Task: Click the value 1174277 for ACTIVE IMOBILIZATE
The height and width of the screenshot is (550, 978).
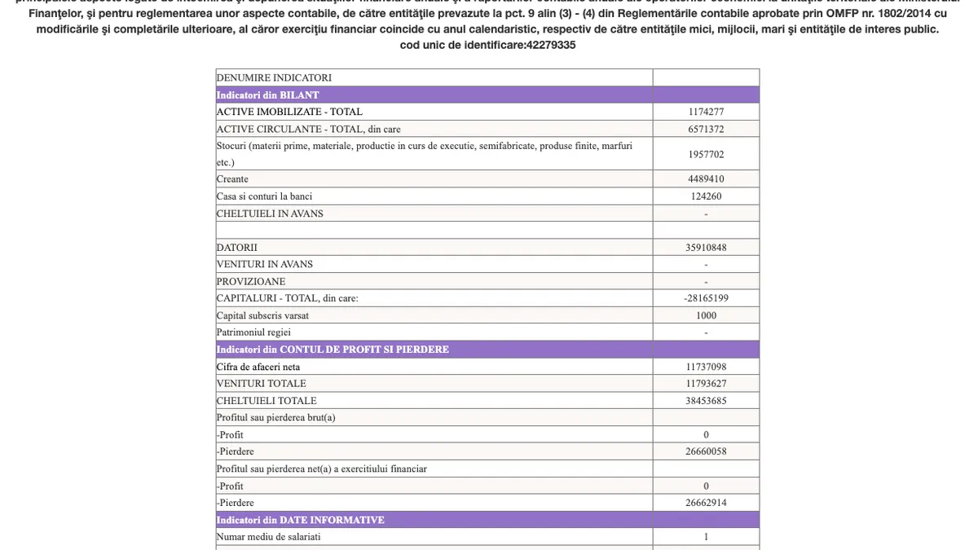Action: [x=706, y=112]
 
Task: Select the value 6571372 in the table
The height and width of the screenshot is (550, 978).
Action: [x=706, y=129]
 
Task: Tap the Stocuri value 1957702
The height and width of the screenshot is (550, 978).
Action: [x=706, y=154]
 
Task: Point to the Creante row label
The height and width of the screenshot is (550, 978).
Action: [x=233, y=179]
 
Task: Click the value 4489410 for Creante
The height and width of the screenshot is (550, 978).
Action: [x=706, y=179]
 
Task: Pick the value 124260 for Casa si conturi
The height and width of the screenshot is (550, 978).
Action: [x=706, y=196]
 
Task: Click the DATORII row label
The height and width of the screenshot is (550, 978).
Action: [x=237, y=247]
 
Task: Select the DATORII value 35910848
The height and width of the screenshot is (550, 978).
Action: [x=706, y=247]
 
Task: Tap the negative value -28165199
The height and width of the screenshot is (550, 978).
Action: [x=706, y=298]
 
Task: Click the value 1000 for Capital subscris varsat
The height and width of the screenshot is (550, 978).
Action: [x=706, y=315]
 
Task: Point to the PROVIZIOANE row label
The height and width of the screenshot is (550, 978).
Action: [x=251, y=281]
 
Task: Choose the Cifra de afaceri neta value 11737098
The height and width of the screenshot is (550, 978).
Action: [x=706, y=367]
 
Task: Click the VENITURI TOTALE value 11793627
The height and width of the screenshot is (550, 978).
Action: [x=706, y=384]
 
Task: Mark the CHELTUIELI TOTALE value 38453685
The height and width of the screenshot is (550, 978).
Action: [x=706, y=401]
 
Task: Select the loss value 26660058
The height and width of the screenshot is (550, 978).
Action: [x=706, y=451]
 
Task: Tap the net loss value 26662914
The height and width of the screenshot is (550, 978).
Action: [x=706, y=503]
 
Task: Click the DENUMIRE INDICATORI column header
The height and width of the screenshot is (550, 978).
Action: [x=274, y=77]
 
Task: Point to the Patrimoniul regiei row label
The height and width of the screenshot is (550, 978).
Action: [x=253, y=332]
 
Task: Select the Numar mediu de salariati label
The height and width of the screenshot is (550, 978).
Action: [x=268, y=537]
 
